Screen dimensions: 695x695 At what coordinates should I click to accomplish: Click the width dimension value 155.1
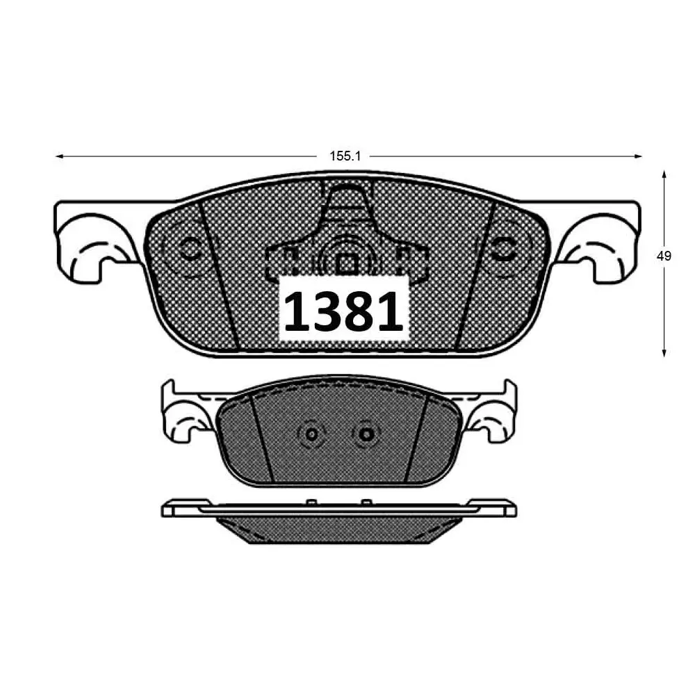tap(345, 156)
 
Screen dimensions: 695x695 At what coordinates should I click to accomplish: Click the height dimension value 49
tap(664, 256)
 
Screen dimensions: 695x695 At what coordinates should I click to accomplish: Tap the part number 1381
tap(343, 310)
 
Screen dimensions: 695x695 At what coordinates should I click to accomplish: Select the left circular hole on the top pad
tap(188, 249)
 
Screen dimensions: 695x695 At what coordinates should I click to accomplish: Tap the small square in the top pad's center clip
tap(345, 263)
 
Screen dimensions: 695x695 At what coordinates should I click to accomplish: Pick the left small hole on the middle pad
tap(311, 434)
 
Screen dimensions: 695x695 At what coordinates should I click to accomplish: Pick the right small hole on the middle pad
tap(367, 434)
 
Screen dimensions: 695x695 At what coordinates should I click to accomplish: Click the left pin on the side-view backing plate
tap(310, 501)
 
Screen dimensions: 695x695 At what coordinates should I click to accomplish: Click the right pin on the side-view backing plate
tap(366, 501)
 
